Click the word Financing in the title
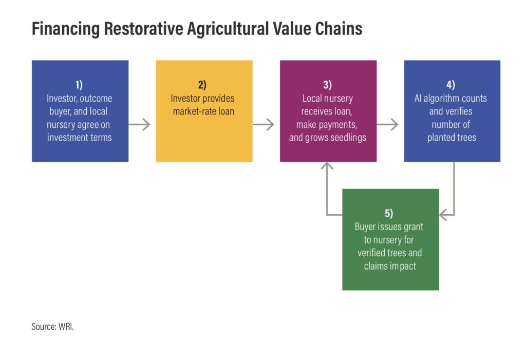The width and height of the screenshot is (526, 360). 66,29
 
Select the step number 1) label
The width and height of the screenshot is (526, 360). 79,85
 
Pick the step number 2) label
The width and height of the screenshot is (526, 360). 202,85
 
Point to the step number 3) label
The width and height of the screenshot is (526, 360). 327,85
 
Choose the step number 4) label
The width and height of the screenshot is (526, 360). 451,85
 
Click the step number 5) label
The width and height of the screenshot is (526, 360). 389,213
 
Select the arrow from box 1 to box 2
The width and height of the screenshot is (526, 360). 139,124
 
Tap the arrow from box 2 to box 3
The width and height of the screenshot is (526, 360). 264,124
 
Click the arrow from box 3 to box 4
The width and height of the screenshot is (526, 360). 387,124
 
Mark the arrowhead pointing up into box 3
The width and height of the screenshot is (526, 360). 327,166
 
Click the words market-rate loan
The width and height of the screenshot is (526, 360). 203,111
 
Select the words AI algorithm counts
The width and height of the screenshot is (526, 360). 450,98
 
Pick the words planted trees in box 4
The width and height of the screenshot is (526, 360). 452,138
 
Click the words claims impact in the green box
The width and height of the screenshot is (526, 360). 390,266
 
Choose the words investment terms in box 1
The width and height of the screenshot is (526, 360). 80,138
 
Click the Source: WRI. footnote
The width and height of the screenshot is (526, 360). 52,327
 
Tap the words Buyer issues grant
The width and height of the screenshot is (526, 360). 389,227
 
